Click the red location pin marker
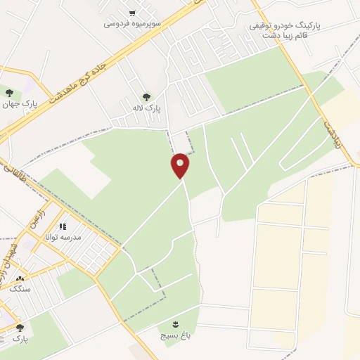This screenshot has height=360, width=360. (x=181, y=165)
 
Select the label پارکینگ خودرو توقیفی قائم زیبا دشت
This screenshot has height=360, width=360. (x=284, y=30)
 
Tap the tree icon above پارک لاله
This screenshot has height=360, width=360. (x=146, y=97)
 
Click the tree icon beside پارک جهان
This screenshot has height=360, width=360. (x=9, y=92)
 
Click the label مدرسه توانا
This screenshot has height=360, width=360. (x=63, y=238)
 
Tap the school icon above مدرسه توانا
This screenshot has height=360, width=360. (x=63, y=227)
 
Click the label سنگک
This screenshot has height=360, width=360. (x=19, y=288)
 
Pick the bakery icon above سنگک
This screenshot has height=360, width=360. (x=19, y=278)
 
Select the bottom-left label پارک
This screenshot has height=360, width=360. (x=20, y=338)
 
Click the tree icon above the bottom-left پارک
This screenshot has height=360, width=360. (x=20, y=328)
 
